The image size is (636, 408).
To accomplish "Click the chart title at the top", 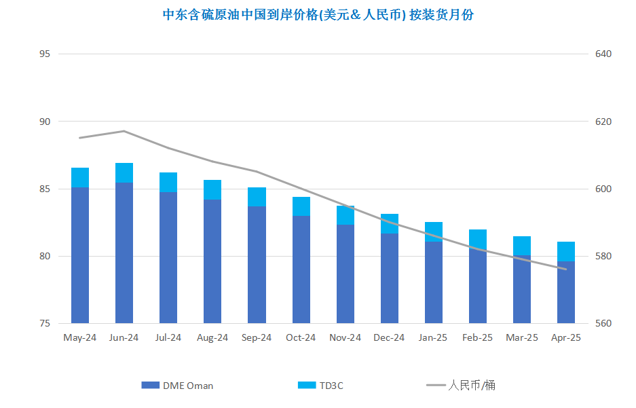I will (x=318, y=15).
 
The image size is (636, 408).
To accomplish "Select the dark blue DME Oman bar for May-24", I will (x=80, y=255).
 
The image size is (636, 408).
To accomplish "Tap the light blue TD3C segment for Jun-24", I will (x=124, y=173).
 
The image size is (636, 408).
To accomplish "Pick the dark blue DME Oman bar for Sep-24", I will (x=257, y=265).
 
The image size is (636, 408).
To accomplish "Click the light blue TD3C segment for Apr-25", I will (x=566, y=251).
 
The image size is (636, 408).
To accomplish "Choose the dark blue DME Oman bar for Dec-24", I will (x=390, y=278).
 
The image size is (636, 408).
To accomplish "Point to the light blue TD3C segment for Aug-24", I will (x=212, y=189).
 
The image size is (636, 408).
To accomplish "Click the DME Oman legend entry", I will (x=178, y=386).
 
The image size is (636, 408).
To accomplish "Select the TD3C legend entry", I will (x=321, y=386).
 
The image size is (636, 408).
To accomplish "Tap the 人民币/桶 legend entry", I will (x=462, y=386).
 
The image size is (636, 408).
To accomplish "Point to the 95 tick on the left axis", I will (x=45, y=54).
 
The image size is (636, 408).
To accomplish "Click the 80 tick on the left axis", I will (x=45, y=257).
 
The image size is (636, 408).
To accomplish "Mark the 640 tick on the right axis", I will (x=603, y=54).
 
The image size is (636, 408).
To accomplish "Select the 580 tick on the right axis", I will (x=603, y=257).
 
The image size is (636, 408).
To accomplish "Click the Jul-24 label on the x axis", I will (x=168, y=337).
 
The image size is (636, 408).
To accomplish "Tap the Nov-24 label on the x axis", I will (x=345, y=337).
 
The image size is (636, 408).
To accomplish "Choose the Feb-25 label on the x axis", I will (x=477, y=337).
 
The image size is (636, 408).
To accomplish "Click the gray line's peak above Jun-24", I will (x=124, y=131).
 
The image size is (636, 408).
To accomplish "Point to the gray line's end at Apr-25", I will (x=566, y=270).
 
